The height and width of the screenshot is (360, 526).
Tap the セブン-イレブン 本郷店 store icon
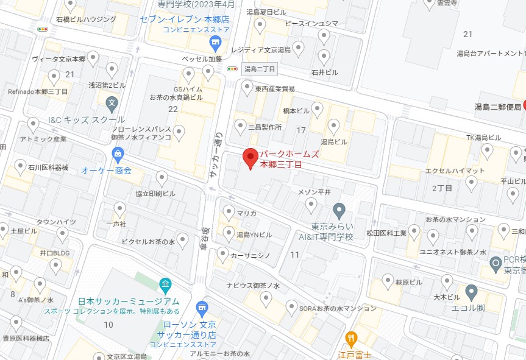(x=215, y=42)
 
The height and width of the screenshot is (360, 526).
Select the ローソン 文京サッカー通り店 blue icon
(x=202, y=308)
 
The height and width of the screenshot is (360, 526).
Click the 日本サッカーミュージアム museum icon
(x=165, y=284)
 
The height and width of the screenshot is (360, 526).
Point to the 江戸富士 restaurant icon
(x=351, y=338)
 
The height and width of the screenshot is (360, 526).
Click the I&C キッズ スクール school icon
(x=112, y=103)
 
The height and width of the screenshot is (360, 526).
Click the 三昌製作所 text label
(x=265, y=128)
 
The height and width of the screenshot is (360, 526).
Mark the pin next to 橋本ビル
(x=317, y=110)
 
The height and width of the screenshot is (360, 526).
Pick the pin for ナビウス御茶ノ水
(x=266, y=297)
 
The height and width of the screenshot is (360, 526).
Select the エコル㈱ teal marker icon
(x=472, y=291)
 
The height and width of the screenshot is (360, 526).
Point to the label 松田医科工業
(x=386, y=233)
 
